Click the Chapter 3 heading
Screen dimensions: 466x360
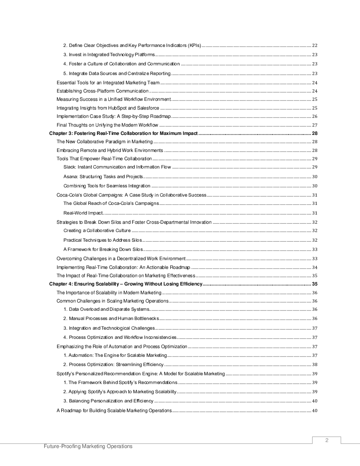(x=123, y=134)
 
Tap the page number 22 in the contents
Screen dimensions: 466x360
(x=315, y=46)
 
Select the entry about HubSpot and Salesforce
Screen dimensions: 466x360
(x=108, y=108)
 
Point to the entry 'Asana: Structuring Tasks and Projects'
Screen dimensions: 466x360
(x=103, y=177)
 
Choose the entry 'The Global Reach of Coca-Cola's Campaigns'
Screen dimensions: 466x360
(x=111, y=203)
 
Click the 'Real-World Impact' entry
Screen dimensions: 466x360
(x=83, y=213)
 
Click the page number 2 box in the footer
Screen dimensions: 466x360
(x=326, y=440)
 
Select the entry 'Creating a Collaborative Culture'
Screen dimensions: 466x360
(x=97, y=231)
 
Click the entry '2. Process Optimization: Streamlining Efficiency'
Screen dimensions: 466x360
(x=113, y=364)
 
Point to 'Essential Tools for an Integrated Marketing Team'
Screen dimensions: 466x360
(x=108, y=83)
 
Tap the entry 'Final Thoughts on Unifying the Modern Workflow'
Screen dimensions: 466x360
(x=107, y=125)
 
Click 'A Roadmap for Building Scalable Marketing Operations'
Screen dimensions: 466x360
(x=114, y=411)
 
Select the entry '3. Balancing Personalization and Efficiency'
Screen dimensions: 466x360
(x=108, y=401)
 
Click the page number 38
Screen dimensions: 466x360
(x=315, y=364)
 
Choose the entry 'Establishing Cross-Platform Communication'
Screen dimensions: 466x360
(x=103, y=91)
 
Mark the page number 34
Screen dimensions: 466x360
(x=315, y=268)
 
